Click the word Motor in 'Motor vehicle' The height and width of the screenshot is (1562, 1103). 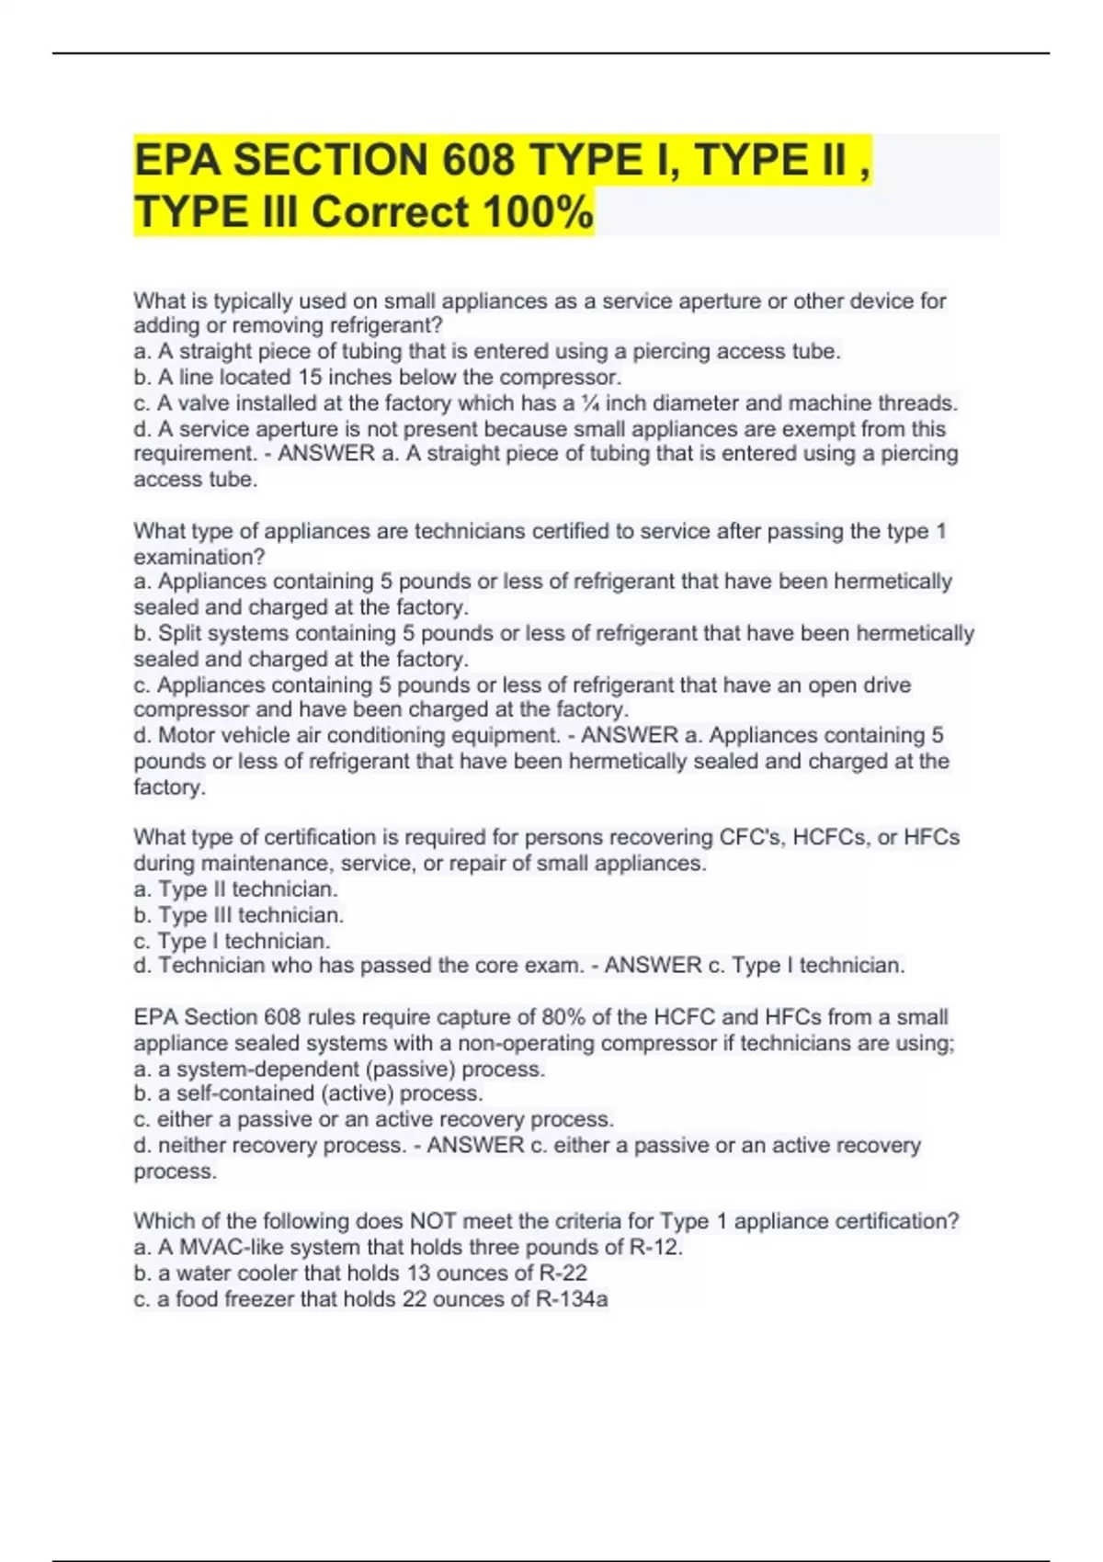[188, 735]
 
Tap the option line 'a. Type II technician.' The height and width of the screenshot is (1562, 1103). [236, 889]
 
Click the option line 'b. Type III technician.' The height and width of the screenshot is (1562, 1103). [239, 915]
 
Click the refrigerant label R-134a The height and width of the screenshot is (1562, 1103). [571, 1299]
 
